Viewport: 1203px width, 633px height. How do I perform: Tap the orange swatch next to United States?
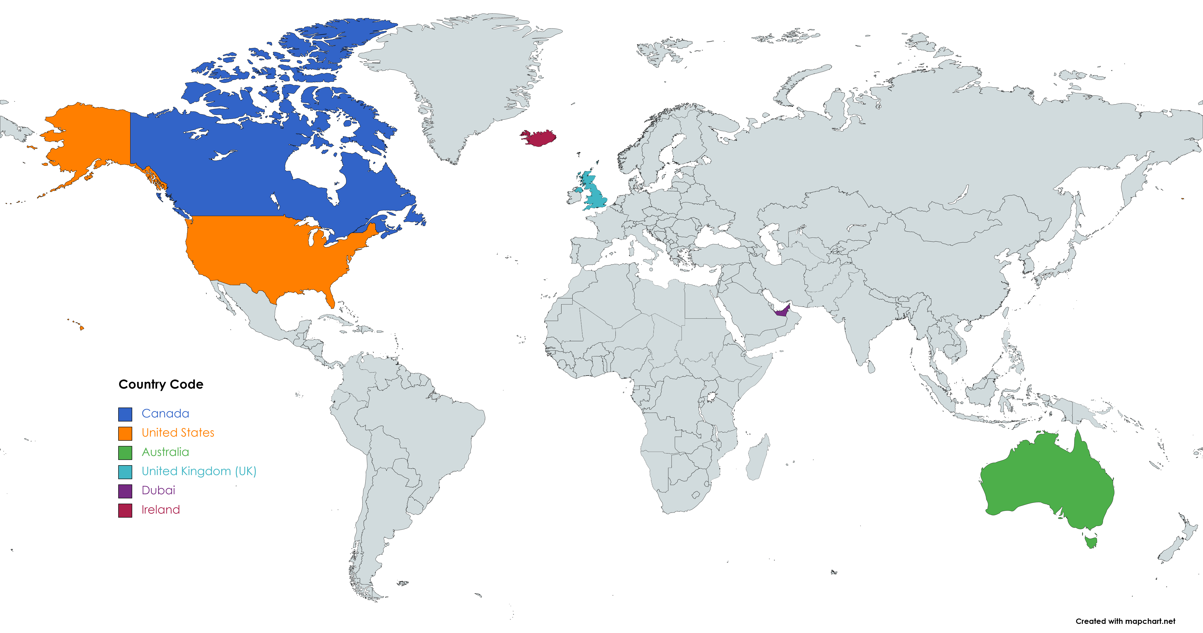tap(125, 433)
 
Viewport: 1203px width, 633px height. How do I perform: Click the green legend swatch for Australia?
tap(125, 453)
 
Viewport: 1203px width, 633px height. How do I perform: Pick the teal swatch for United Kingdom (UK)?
tap(125, 472)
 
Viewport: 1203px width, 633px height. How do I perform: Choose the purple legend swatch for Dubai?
tap(125, 491)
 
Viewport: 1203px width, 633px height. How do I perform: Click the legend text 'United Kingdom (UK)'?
tap(199, 471)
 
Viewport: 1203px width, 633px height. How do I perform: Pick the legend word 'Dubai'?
tap(158, 490)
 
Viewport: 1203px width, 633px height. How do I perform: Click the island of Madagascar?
tap(758, 459)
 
